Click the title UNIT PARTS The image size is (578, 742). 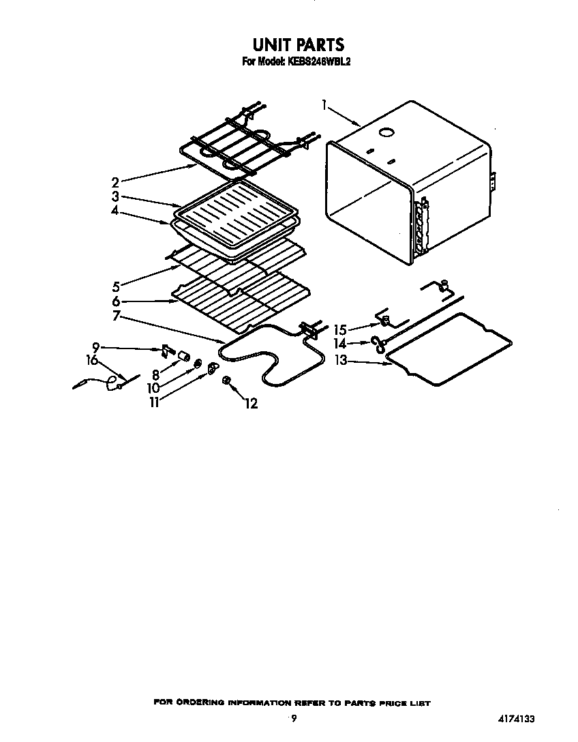point(298,44)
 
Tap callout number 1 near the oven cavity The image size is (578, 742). point(324,105)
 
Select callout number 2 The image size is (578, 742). point(115,182)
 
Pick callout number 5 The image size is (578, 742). point(116,286)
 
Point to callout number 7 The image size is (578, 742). point(117,316)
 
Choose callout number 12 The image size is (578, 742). point(251,404)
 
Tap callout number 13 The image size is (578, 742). point(341,361)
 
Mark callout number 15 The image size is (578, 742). point(340,330)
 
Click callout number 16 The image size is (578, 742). point(92,361)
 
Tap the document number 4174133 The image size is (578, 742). point(517,719)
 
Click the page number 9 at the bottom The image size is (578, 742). point(294,718)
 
